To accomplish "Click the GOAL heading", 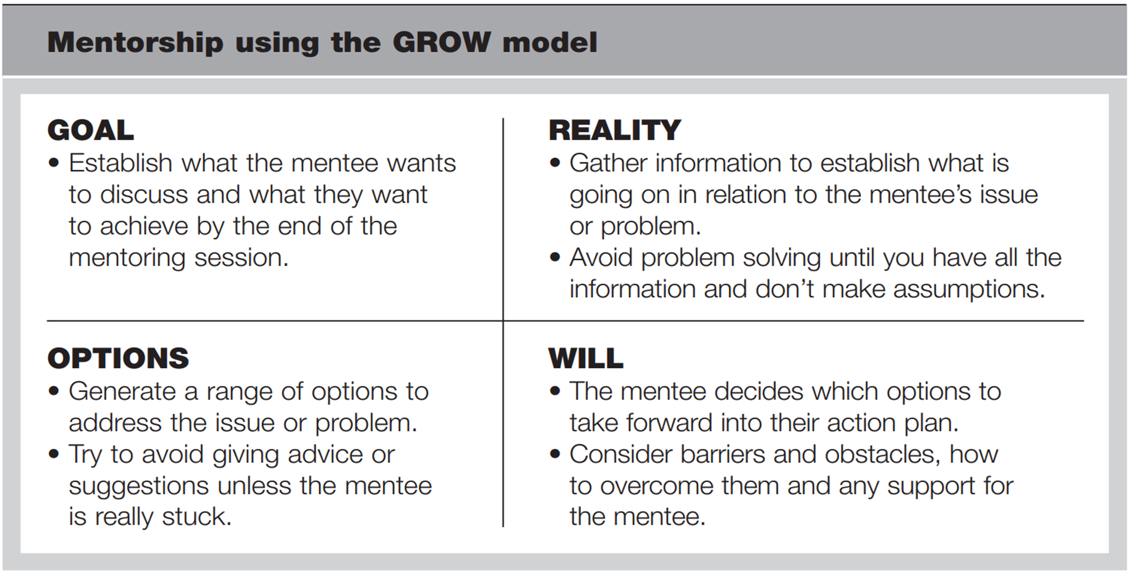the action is click(90, 130).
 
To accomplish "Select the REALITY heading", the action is click(615, 130).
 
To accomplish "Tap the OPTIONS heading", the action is click(118, 358).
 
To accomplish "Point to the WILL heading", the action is click(585, 358).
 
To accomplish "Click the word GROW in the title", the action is click(441, 42).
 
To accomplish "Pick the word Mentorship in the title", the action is click(136, 42).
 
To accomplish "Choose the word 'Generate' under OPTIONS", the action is click(123, 392).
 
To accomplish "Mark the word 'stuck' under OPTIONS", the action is click(196, 517).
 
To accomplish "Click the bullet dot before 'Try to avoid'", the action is click(54, 454).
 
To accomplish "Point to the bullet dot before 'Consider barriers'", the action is click(555, 454).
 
